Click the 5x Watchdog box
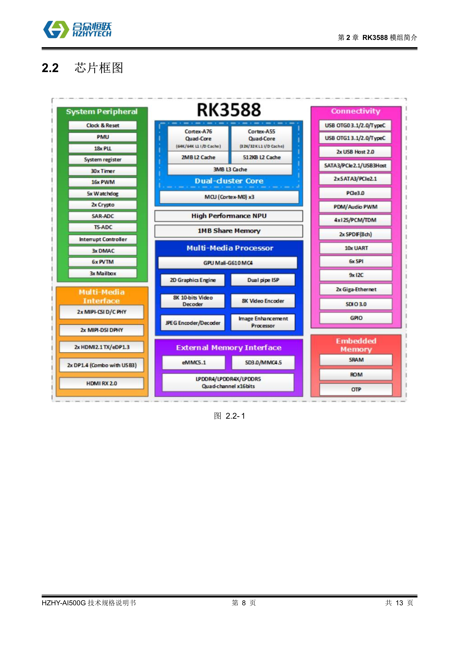pos(103,194)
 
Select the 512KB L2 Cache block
pos(262,157)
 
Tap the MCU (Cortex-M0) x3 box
pos(229,197)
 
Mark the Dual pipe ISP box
pos(263,280)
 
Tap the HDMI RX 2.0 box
pos(101,383)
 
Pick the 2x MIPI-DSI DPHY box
pos(101,330)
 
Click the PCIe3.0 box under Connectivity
pos(355,193)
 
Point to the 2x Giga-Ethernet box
pos(356,289)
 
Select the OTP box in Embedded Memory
pos(356,390)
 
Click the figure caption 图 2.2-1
pos(229,416)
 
